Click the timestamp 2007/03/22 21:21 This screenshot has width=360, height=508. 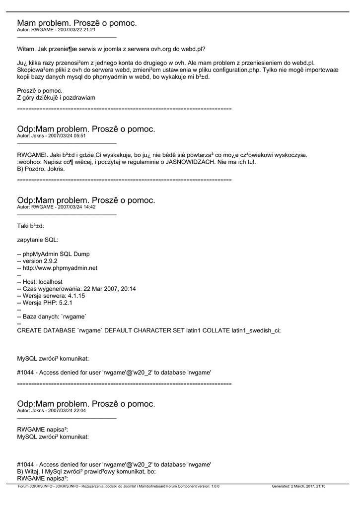click(76, 30)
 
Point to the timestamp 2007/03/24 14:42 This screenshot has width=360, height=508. click(76, 207)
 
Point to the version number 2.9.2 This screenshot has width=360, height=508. click(51, 261)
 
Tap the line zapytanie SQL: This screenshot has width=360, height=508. click(38, 240)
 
